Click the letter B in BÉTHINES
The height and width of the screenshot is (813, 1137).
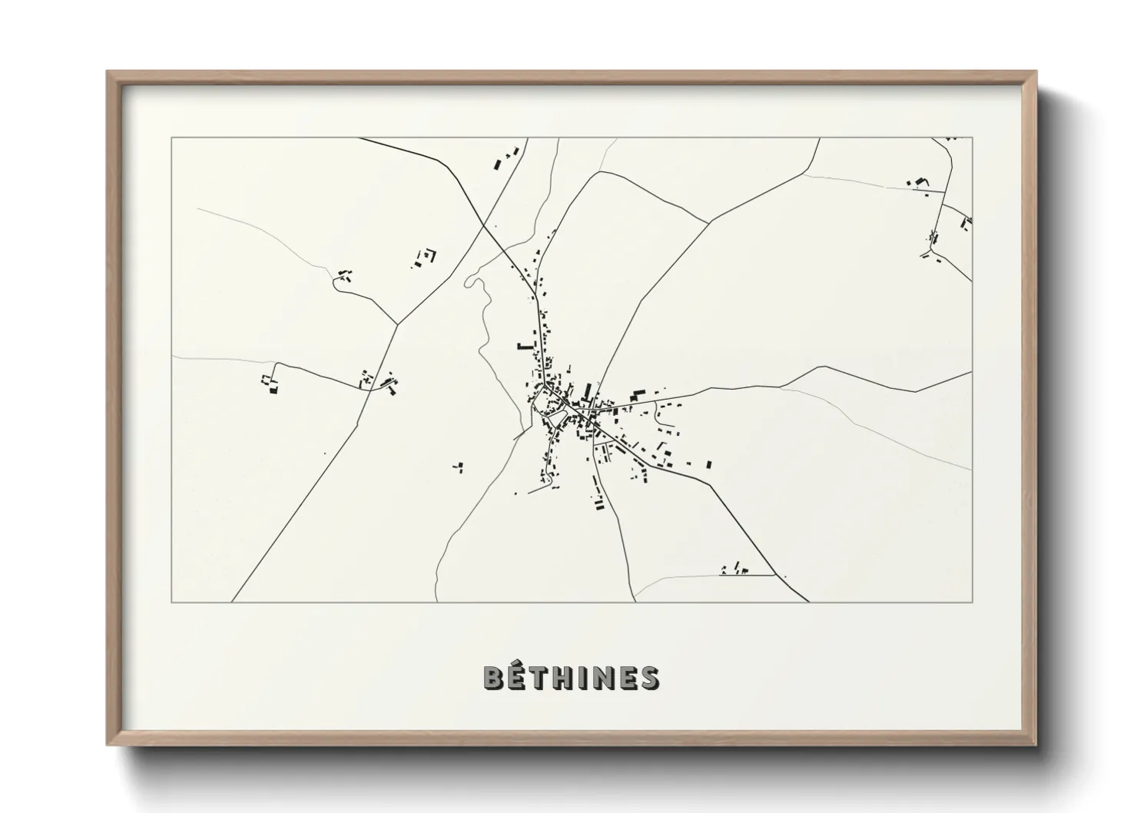493,678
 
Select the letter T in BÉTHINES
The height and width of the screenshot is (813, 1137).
539,678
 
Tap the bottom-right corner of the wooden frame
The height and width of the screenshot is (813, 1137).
1036,745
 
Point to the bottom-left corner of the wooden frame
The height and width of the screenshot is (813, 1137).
108,745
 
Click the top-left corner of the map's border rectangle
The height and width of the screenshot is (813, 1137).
172,138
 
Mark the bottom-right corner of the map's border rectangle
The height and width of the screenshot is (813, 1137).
972,602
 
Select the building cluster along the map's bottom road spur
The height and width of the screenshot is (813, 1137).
736,569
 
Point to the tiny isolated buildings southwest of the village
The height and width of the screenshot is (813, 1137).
458,466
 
